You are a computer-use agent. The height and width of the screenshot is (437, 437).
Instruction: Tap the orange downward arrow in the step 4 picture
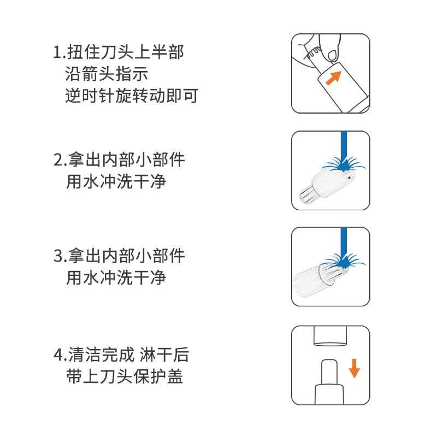coord(355,368)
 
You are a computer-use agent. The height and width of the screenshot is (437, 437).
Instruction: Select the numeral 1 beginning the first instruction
coord(57,53)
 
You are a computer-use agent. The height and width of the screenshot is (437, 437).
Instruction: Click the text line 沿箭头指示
coord(106,74)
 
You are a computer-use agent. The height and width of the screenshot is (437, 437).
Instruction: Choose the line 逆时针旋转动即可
coord(131,96)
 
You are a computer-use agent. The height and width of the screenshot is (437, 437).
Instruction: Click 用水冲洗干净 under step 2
coord(116,181)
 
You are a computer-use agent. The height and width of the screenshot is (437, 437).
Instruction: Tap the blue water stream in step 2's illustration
coord(344,145)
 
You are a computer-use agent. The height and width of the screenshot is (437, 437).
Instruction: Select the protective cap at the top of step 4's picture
coord(330,335)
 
